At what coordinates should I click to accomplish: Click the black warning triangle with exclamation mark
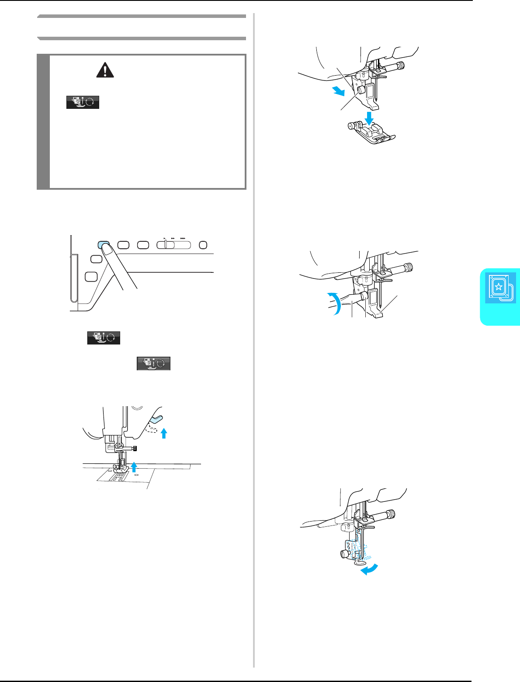point(105,70)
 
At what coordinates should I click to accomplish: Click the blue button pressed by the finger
point(103,244)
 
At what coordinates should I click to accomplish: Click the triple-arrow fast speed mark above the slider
point(182,239)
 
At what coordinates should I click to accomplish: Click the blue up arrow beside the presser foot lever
point(164,433)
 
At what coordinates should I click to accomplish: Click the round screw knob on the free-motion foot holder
point(344,554)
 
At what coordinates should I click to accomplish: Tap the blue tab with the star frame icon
point(500,288)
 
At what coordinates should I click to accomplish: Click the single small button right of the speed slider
point(203,244)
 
